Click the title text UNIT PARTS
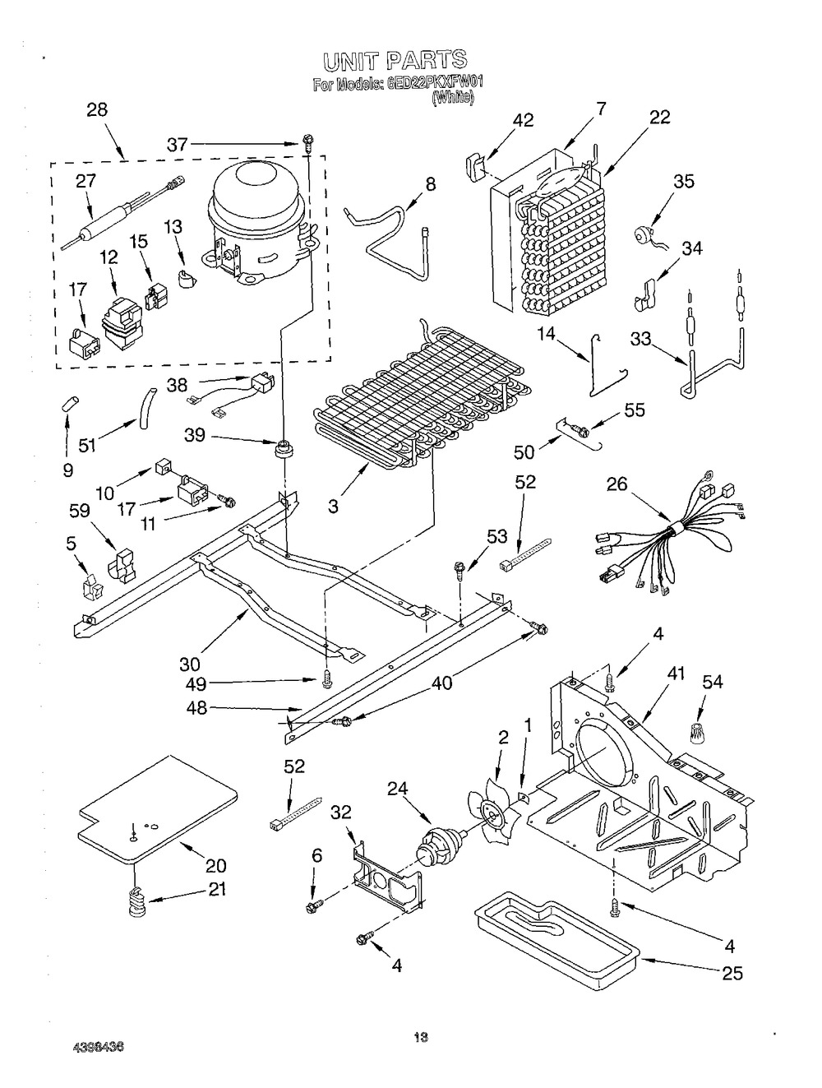[x=395, y=61]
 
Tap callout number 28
[x=97, y=110]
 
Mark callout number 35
[x=684, y=183]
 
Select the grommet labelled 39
[x=284, y=447]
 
